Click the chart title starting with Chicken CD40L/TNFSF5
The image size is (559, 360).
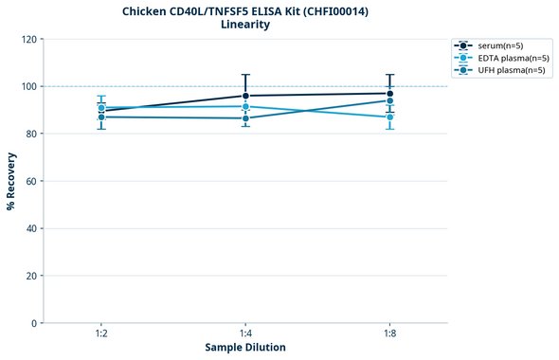pos(245,11)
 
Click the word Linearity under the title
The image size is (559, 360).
pos(245,26)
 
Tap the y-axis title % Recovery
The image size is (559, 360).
pos(11,180)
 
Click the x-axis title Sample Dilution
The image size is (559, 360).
pos(245,348)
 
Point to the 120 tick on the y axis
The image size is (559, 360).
pos(27,39)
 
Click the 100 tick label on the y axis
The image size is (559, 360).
pos(27,86)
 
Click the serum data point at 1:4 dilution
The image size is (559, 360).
pos(245,96)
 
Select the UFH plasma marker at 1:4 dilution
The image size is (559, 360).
pos(245,118)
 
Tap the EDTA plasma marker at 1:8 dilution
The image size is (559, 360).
pos(389,117)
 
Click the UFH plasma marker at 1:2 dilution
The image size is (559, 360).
pos(101,117)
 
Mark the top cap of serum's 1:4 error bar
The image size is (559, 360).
pos(245,75)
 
